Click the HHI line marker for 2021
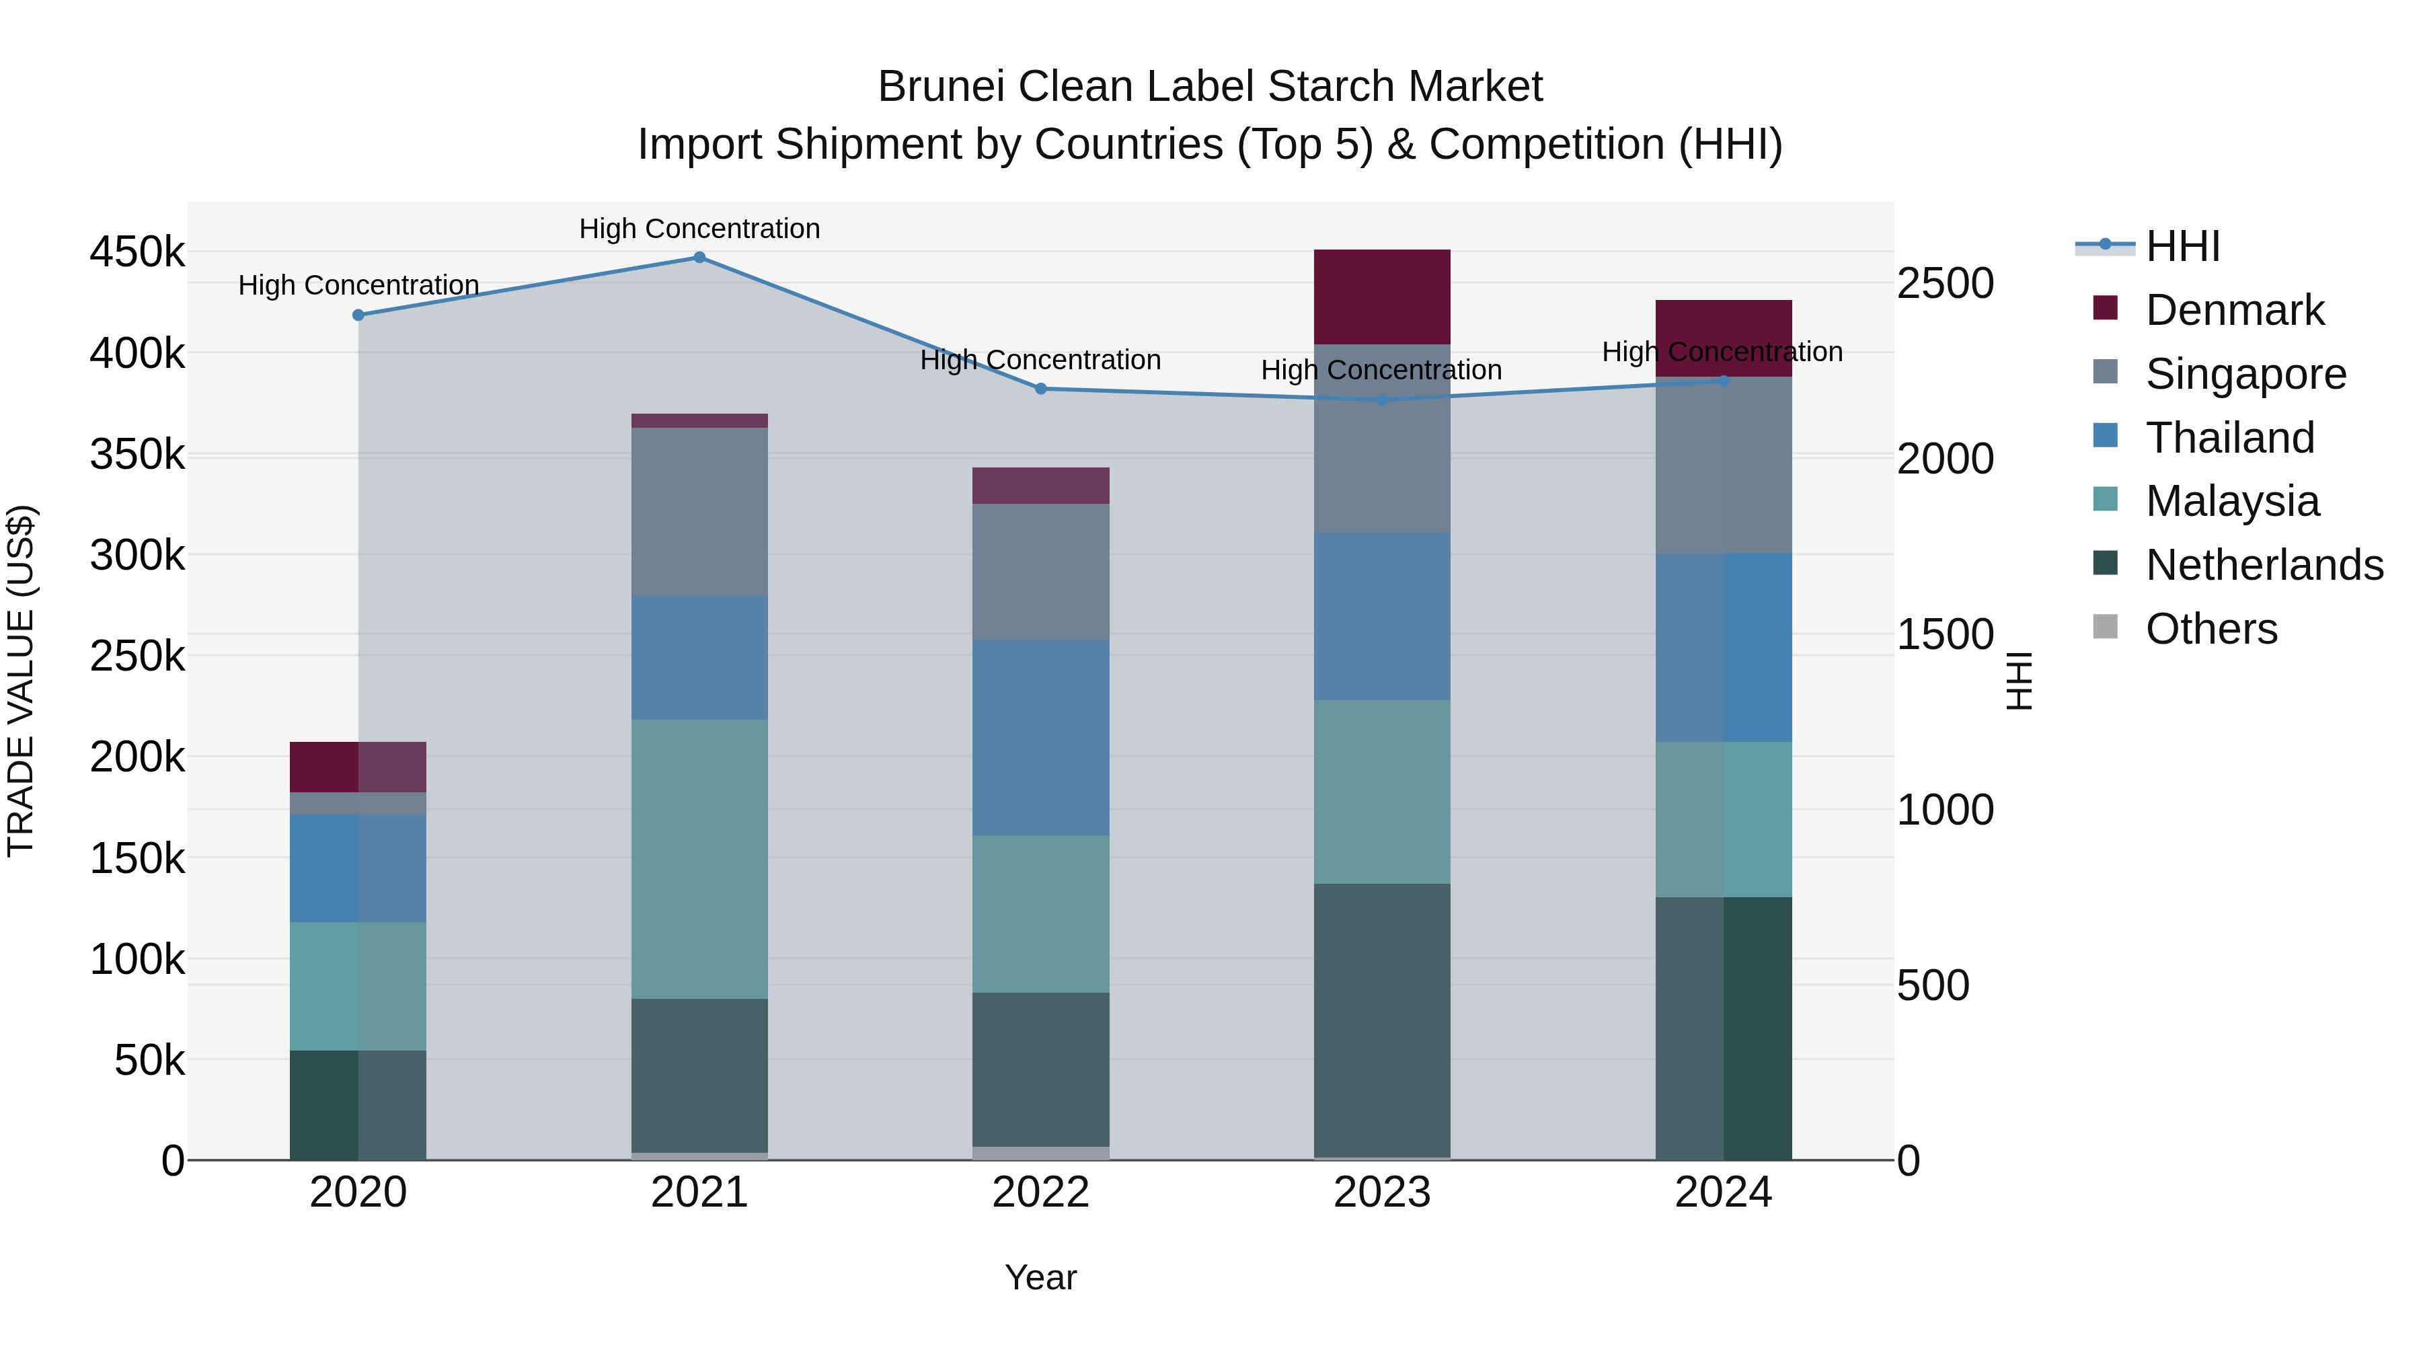699,257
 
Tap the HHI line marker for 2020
358,315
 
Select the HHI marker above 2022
1040,388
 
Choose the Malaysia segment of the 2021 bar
699,858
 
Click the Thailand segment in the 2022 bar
1040,737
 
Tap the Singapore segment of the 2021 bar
699,510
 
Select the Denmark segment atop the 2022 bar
1040,485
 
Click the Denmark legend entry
2234,310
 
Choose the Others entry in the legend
2211,629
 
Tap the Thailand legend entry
2229,438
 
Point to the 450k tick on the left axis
137,252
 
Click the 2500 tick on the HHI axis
1944,283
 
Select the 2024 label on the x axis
1723,1193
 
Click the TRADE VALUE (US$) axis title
22,681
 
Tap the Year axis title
1040,1277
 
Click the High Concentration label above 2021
699,229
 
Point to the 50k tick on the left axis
149,1060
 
